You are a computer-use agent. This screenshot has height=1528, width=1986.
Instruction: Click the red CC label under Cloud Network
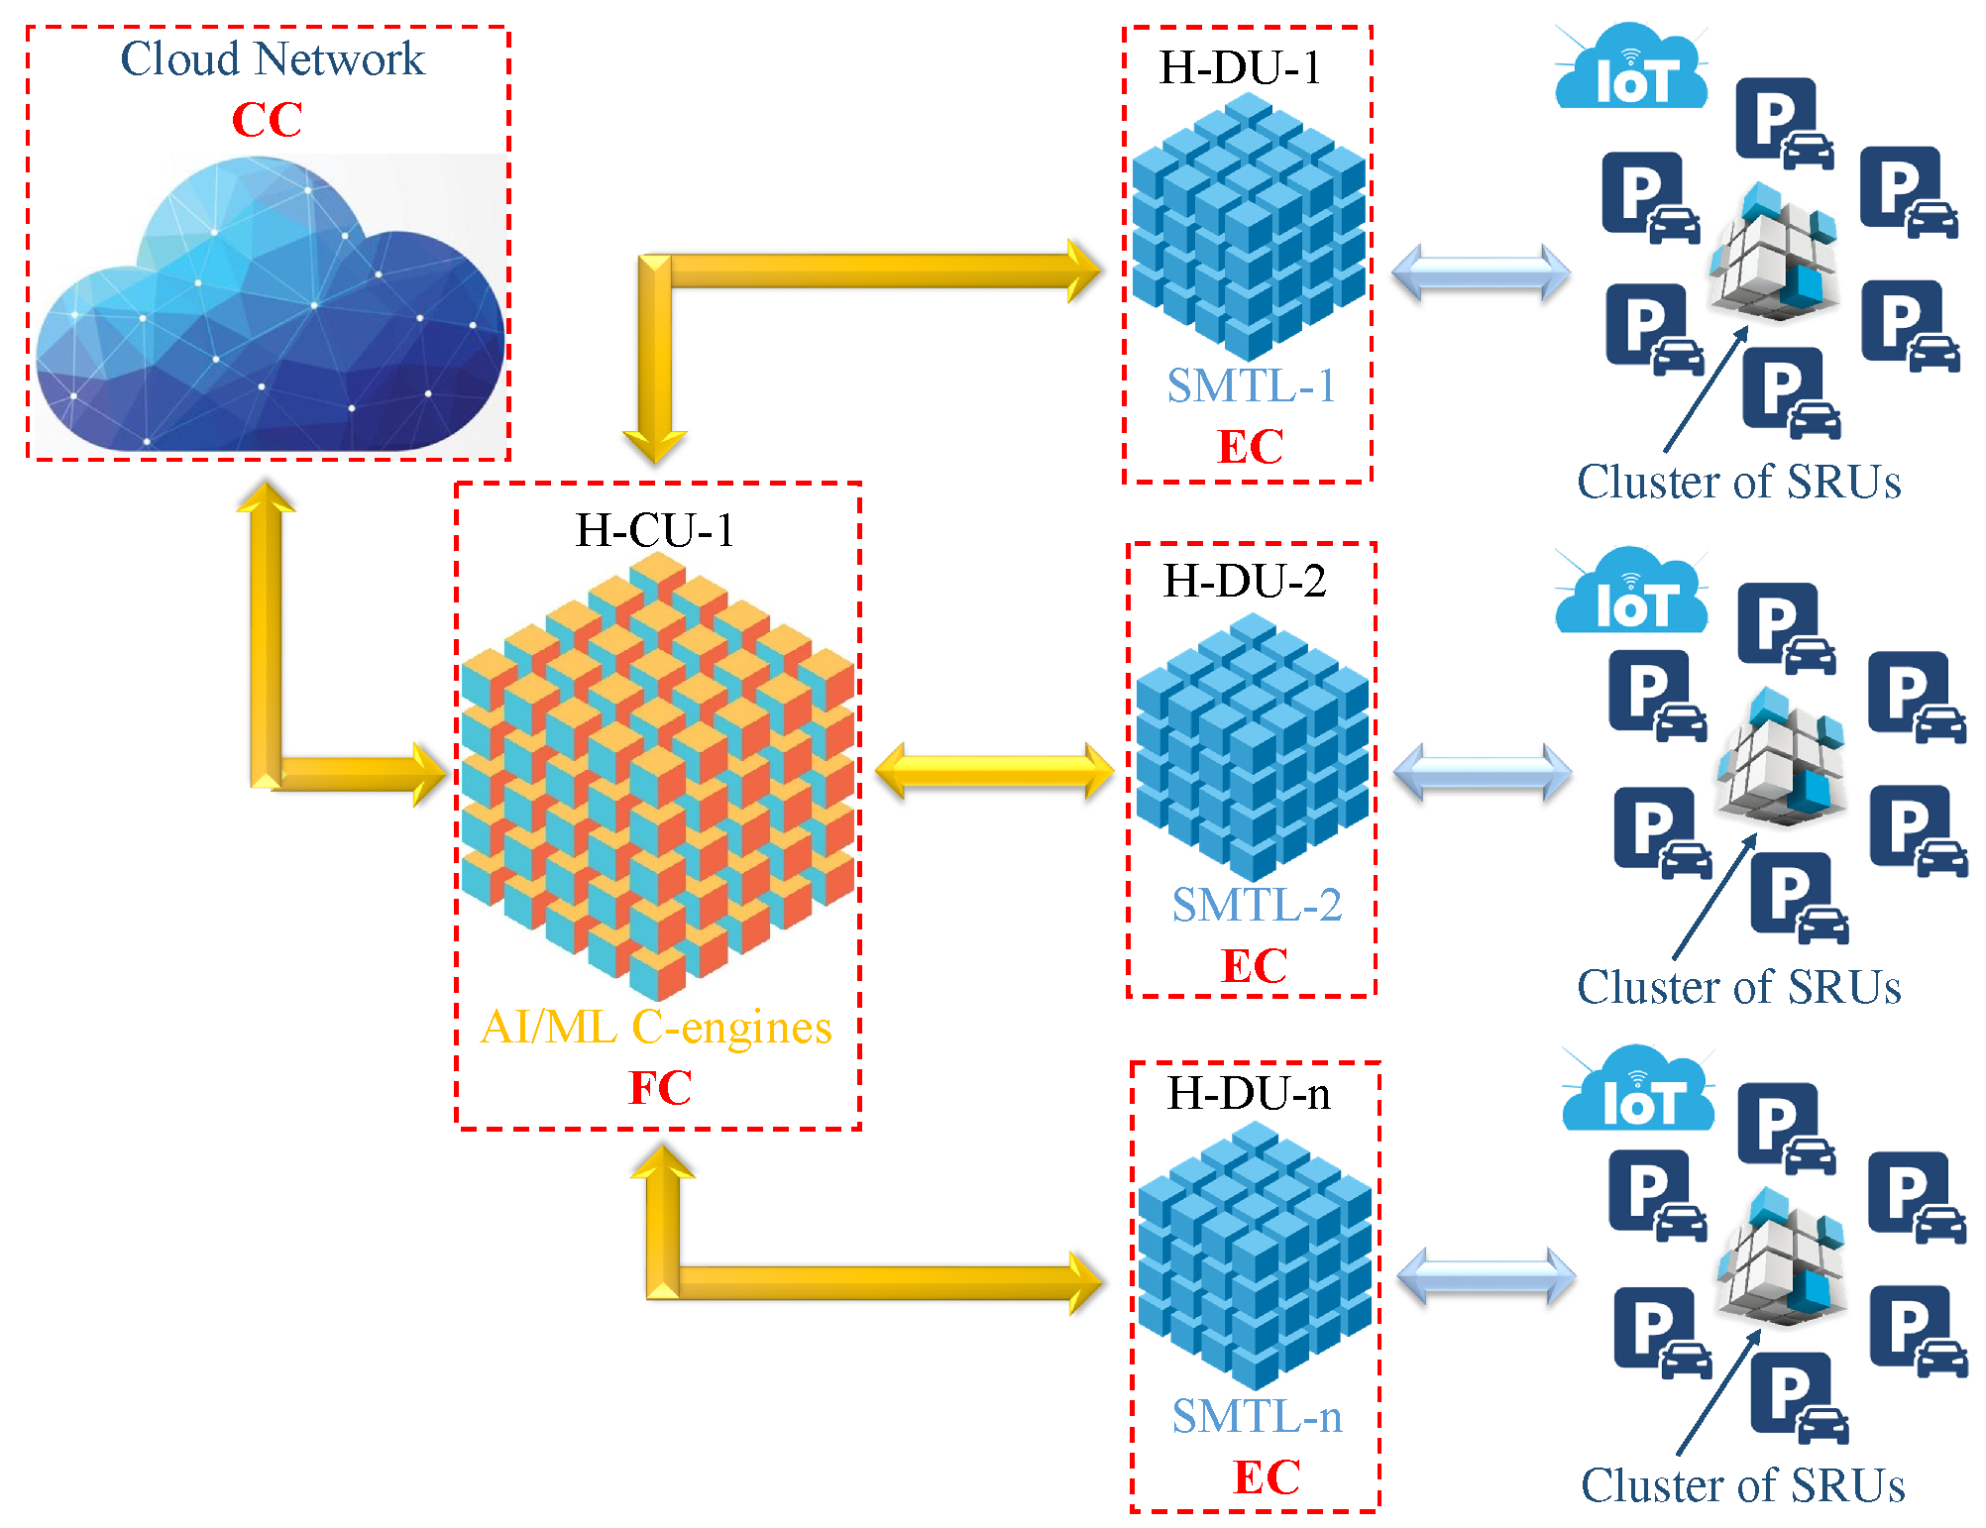pyautogui.click(x=267, y=120)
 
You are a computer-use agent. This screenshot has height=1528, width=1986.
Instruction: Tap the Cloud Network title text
pyautogui.click(x=272, y=59)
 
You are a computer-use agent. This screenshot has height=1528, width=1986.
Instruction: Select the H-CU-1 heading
pyautogui.click(x=655, y=530)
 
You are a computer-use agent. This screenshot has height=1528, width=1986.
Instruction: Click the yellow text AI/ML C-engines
pyautogui.click(x=656, y=1028)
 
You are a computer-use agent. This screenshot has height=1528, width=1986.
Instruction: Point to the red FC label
pyautogui.click(x=660, y=1088)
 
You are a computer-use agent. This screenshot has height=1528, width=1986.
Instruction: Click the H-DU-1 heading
pyautogui.click(x=1240, y=68)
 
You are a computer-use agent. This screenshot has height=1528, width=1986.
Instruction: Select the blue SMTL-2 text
pyautogui.click(x=1256, y=905)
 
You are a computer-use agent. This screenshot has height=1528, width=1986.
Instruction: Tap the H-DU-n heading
pyautogui.click(x=1249, y=1094)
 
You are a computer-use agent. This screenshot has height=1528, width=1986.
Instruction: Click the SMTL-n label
pyautogui.click(x=1257, y=1416)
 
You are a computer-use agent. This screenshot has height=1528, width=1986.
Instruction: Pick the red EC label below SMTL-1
pyautogui.click(x=1250, y=447)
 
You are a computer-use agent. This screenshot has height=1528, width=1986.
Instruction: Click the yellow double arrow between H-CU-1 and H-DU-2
pyautogui.click(x=994, y=771)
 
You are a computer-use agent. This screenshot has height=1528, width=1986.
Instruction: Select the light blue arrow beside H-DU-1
pyautogui.click(x=1481, y=273)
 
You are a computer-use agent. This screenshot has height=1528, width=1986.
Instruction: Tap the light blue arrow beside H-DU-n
pyautogui.click(x=1486, y=1276)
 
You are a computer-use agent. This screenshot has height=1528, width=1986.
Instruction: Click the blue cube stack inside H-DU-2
pyautogui.click(x=1253, y=748)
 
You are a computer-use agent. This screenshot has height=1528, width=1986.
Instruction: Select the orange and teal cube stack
pyautogui.click(x=657, y=778)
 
